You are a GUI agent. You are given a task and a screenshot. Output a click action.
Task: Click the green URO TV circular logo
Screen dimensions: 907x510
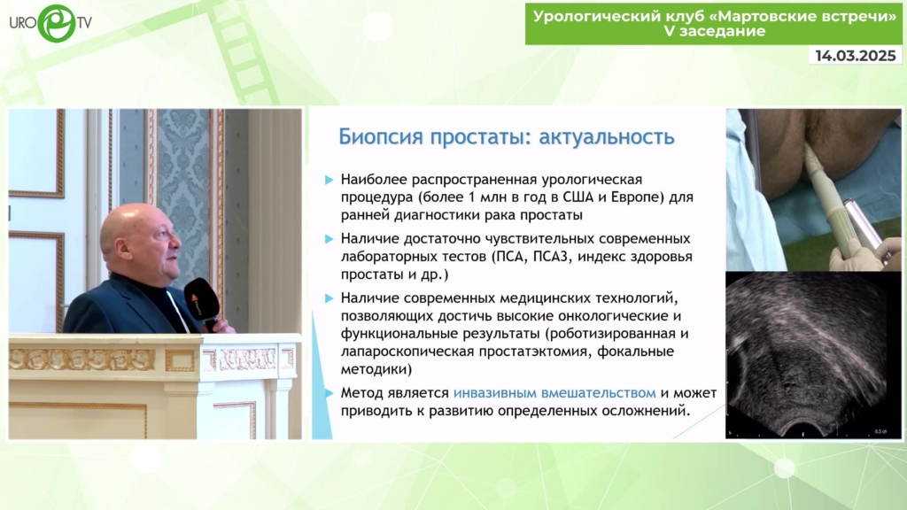(x=57, y=23)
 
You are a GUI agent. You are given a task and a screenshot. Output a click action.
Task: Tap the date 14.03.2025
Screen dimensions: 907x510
(x=856, y=56)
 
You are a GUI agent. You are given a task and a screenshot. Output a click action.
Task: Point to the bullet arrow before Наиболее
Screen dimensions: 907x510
(x=329, y=180)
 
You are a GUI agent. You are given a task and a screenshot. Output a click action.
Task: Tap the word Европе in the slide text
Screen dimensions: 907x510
(x=636, y=197)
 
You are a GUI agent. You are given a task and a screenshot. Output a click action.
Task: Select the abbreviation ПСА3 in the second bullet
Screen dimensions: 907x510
(x=550, y=256)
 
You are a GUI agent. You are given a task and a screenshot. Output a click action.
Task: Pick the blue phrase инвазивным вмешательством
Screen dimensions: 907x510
(x=554, y=393)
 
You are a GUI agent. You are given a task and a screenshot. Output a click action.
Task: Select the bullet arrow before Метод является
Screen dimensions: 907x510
(x=329, y=393)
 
